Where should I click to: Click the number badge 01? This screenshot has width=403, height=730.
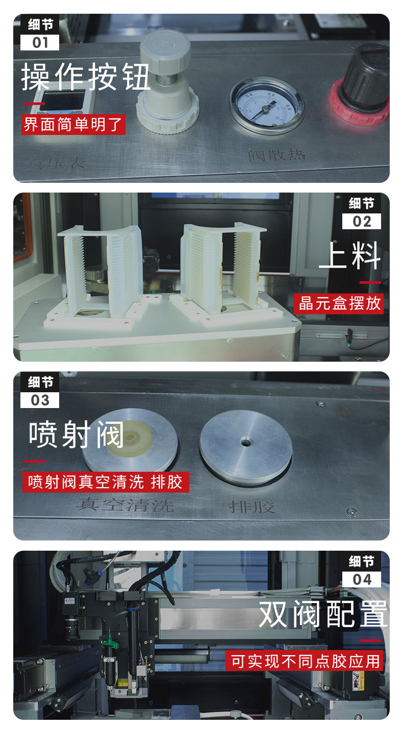40,42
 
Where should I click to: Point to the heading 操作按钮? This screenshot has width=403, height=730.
86,77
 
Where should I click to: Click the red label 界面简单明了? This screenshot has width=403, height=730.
73,124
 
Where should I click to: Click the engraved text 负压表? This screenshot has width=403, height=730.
57,163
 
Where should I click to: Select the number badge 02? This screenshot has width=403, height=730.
362,222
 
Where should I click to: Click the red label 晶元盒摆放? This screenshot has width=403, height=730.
340,304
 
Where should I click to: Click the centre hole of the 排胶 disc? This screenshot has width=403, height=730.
246,443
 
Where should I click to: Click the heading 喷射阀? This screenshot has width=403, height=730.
77,436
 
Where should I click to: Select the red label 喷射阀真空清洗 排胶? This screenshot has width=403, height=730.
106,482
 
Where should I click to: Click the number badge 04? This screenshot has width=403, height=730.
362,579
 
